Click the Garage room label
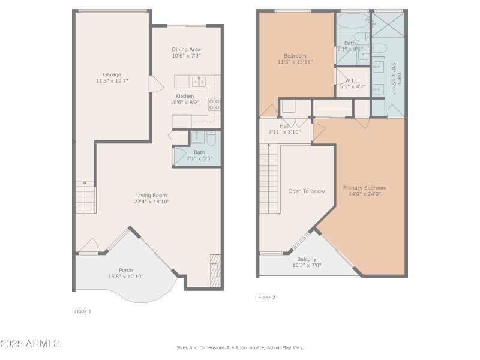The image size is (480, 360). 112,75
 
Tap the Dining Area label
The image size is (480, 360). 186,49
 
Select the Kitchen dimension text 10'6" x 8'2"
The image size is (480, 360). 185,103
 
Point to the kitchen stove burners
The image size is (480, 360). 214,106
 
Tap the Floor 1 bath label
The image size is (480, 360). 199,152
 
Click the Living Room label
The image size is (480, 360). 152,195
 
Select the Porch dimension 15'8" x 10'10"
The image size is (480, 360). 125,277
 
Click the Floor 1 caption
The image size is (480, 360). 82,311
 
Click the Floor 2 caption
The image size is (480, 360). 267,298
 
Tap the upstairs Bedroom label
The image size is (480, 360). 295,56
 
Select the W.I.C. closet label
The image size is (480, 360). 352,80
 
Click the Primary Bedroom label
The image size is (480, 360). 365,187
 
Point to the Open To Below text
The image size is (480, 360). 307,191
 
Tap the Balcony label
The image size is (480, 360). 307,259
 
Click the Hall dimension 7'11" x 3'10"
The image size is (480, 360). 284,132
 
